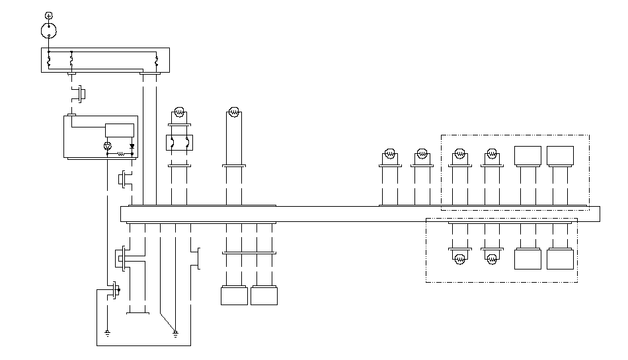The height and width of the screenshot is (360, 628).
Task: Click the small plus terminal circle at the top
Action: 48,15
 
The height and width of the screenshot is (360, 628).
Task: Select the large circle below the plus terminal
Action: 49,30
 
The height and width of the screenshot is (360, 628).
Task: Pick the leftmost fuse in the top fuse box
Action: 49,61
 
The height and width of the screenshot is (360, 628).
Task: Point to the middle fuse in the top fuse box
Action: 71,61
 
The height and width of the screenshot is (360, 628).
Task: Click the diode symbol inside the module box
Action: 132,146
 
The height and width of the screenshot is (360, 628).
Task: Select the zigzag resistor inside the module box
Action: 121,154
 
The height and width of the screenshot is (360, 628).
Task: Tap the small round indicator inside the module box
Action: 108,146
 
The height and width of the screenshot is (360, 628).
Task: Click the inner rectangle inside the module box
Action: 120,130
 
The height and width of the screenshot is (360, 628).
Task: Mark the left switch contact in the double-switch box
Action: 172,143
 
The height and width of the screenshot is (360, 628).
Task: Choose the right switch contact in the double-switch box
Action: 187,143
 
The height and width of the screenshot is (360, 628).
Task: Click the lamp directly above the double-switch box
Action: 177,112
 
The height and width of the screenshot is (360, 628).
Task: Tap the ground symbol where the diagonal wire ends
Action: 175,332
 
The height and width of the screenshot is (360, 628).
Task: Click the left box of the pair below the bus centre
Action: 234,295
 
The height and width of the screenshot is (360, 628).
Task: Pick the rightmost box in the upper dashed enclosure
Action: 560,156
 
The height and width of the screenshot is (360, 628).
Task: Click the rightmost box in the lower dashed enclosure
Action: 560,258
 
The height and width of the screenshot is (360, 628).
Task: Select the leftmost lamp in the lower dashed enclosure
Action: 459,258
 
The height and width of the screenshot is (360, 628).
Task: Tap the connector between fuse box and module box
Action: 81,93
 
